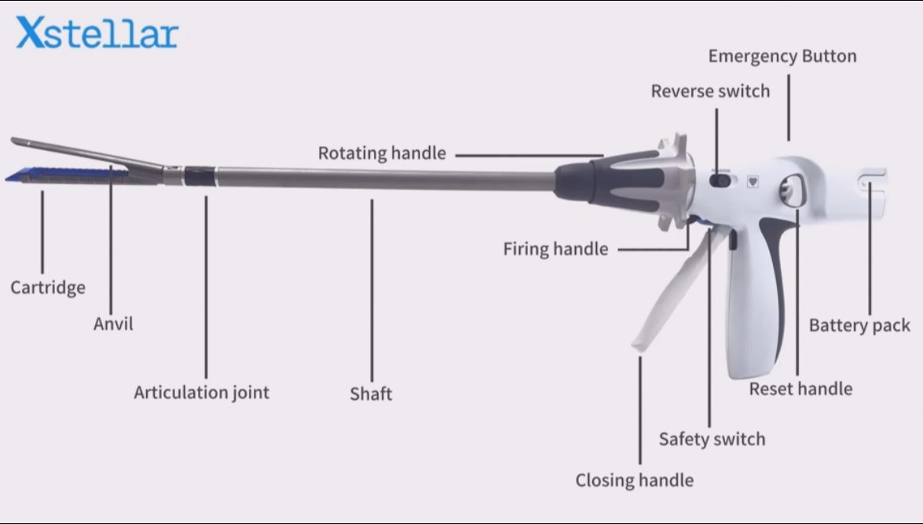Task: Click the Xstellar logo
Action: pyautogui.click(x=97, y=34)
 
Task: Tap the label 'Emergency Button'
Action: pyautogui.click(x=782, y=57)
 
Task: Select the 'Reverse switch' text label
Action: pyautogui.click(x=710, y=91)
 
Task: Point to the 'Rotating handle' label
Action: pyautogui.click(x=382, y=153)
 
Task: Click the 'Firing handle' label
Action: pyautogui.click(x=555, y=249)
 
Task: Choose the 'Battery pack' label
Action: pyautogui.click(x=859, y=325)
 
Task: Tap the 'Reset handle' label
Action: pyautogui.click(x=800, y=388)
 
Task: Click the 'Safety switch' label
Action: pyautogui.click(x=712, y=438)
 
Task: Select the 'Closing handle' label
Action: pyautogui.click(x=634, y=479)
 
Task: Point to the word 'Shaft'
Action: pyautogui.click(x=371, y=394)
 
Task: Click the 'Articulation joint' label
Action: pyautogui.click(x=201, y=392)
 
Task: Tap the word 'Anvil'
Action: pyautogui.click(x=113, y=324)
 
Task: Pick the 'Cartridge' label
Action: pyautogui.click(x=48, y=287)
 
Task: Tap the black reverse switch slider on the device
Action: pyautogui.click(x=720, y=181)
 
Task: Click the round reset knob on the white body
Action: pyautogui.click(x=788, y=191)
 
